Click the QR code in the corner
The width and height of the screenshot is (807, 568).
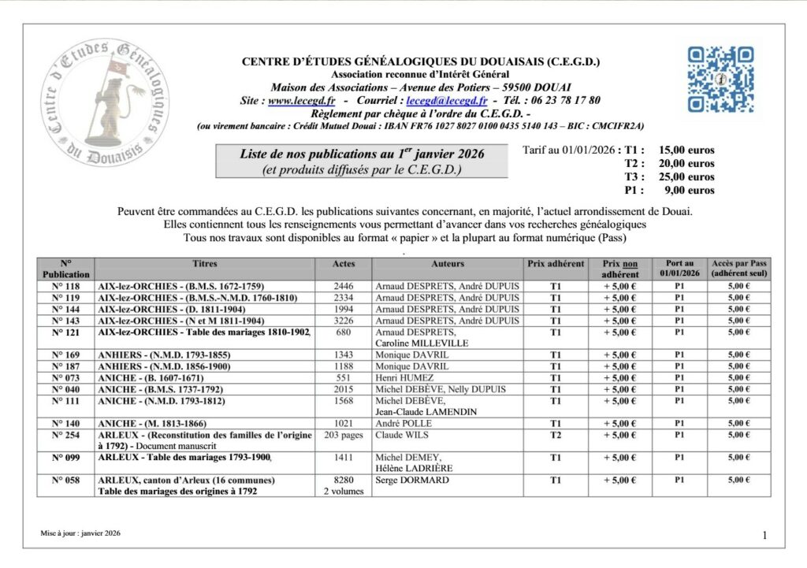click(x=720, y=79)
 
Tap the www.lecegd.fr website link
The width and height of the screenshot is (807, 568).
click(x=302, y=101)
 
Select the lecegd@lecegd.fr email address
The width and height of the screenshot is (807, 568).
click(x=445, y=101)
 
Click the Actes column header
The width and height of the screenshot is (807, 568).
click(x=344, y=264)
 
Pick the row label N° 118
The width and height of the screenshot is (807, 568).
click(x=66, y=286)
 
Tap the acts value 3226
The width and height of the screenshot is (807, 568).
click(x=344, y=321)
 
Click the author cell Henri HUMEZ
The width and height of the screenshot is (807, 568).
click(x=405, y=378)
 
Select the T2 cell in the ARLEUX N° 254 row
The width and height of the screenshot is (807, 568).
click(x=555, y=435)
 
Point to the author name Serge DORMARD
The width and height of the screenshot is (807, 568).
click(x=412, y=480)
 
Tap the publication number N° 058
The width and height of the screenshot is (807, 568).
click(x=66, y=480)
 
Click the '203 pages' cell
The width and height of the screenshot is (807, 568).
click(x=344, y=435)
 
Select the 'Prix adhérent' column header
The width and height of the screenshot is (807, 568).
click(x=555, y=264)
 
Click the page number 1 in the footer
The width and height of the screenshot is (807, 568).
click(x=764, y=536)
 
